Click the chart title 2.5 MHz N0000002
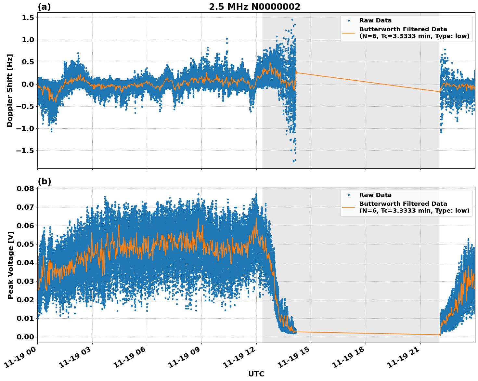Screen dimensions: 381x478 click(x=254, y=7)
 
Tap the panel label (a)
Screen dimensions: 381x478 click(x=44, y=7)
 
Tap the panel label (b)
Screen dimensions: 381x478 click(x=44, y=182)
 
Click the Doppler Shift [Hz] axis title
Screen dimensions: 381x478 click(x=10, y=90)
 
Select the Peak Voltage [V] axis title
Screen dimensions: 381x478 click(x=10, y=265)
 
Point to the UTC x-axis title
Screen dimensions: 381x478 click(x=256, y=374)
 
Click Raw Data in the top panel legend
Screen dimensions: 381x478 click(x=375, y=20)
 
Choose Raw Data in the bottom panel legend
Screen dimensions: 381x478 click(x=375, y=195)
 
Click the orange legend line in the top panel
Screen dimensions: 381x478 click(x=348, y=33)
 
